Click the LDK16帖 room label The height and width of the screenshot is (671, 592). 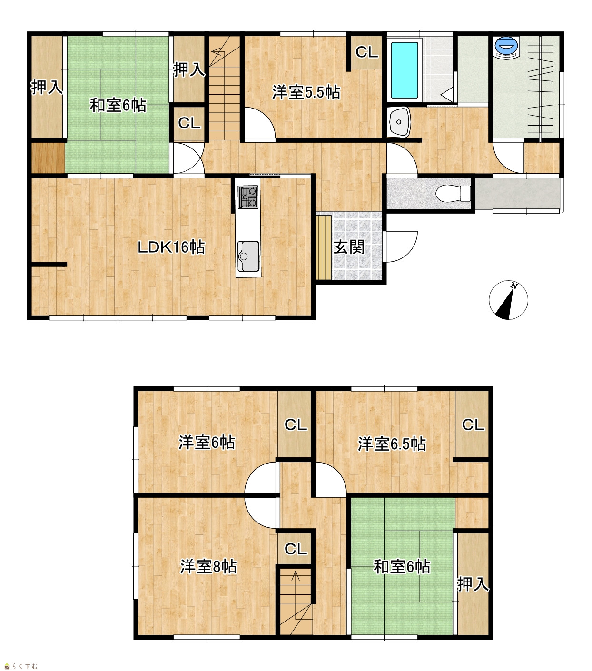click(171, 247)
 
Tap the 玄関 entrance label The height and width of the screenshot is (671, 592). click(349, 247)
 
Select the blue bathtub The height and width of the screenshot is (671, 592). click(404, 70)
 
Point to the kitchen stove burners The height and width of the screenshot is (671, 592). click(248, 197)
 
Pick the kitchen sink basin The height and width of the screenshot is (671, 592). click(248, 257)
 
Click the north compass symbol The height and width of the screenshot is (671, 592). click(508, 300)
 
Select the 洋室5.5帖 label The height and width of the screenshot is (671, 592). click(306, 92)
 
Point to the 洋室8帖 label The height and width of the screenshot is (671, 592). click(208, 567)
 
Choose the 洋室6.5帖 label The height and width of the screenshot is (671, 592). click(392, 444)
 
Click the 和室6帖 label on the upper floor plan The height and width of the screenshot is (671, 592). click(118, 105)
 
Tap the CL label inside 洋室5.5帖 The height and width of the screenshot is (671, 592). click(367, 52)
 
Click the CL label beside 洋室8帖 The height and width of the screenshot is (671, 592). click(296, 549)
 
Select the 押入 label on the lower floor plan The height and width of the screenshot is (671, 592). click(473, 584)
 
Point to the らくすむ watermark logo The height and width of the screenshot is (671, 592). click(21, 666)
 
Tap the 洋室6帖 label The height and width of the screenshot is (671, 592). click(207, 443)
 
